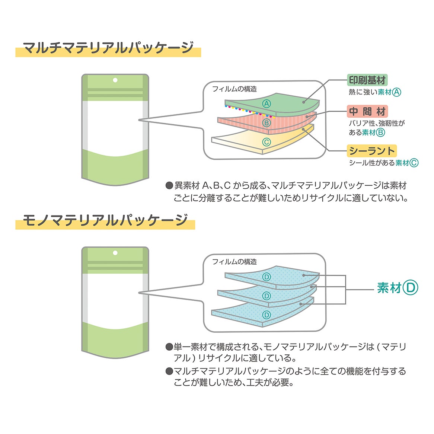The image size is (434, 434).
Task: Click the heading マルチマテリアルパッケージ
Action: click(108, 48)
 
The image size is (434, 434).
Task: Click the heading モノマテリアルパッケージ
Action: click(105, 220)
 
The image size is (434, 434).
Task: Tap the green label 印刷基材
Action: click(367, 80)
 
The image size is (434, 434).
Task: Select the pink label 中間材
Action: click(367, 111)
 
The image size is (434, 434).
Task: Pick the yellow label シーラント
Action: click(372, 151)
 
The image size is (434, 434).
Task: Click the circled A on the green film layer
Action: click(267, 104)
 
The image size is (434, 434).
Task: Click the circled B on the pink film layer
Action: click(267, 122)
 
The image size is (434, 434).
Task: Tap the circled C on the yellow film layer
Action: click(267, 142)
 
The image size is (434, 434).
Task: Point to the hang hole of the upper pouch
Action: click(115, 80)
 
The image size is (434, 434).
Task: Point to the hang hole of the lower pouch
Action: click(115, 253)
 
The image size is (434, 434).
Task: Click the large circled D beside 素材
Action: click(410, 288)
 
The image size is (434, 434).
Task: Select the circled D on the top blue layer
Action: click(267, 277)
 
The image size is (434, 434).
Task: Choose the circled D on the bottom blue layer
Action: click(267, 315)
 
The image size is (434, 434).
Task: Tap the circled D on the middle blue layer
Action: click(267, 296)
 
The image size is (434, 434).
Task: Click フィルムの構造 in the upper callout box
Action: click(234, 89)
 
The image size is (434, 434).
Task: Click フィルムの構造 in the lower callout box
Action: click(234, 262)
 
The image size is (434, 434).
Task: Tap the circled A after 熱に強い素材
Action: click(397, 92)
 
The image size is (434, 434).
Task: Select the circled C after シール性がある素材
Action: click(414, 163)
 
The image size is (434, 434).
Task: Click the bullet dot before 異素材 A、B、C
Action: click(169, 185)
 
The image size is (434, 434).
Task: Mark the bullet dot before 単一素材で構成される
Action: click(169, 347)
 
